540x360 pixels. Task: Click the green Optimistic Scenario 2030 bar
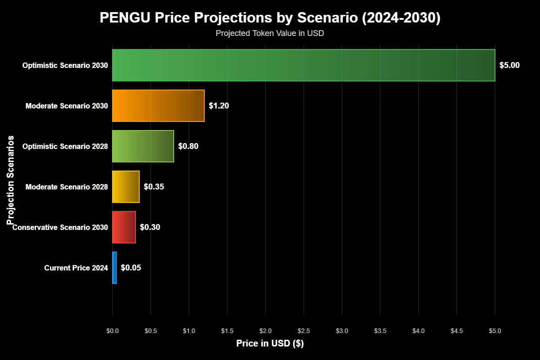[x=303, y=65]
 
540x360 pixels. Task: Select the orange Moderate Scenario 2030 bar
[x=158, y=106]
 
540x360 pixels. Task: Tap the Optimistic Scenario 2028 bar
[x=143, y=146]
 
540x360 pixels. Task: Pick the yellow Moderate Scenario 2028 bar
[x=126, y=187]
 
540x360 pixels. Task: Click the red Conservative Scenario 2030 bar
[x=124, y=227]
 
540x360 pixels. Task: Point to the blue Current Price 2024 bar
[x=114, y=268]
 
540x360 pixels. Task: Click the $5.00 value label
[x=509, y=65]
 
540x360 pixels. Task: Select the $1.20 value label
[x=219, y=106]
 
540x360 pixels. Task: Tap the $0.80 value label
[x=188, y=146]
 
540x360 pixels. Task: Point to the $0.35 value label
[x=154, y=187]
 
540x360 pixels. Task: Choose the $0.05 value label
[x=131, y=268]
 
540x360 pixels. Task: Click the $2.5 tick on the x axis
[x=304, y=331]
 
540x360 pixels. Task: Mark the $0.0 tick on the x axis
[x=112, y=331]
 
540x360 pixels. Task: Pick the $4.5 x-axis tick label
[x=457, y=331]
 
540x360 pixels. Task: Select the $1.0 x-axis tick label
[x=189, y=331]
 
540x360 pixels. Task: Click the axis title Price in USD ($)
[x=270, y=343]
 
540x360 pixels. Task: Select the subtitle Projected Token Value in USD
[x=270, y=33]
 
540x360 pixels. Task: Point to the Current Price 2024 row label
[x=76, y=268]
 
